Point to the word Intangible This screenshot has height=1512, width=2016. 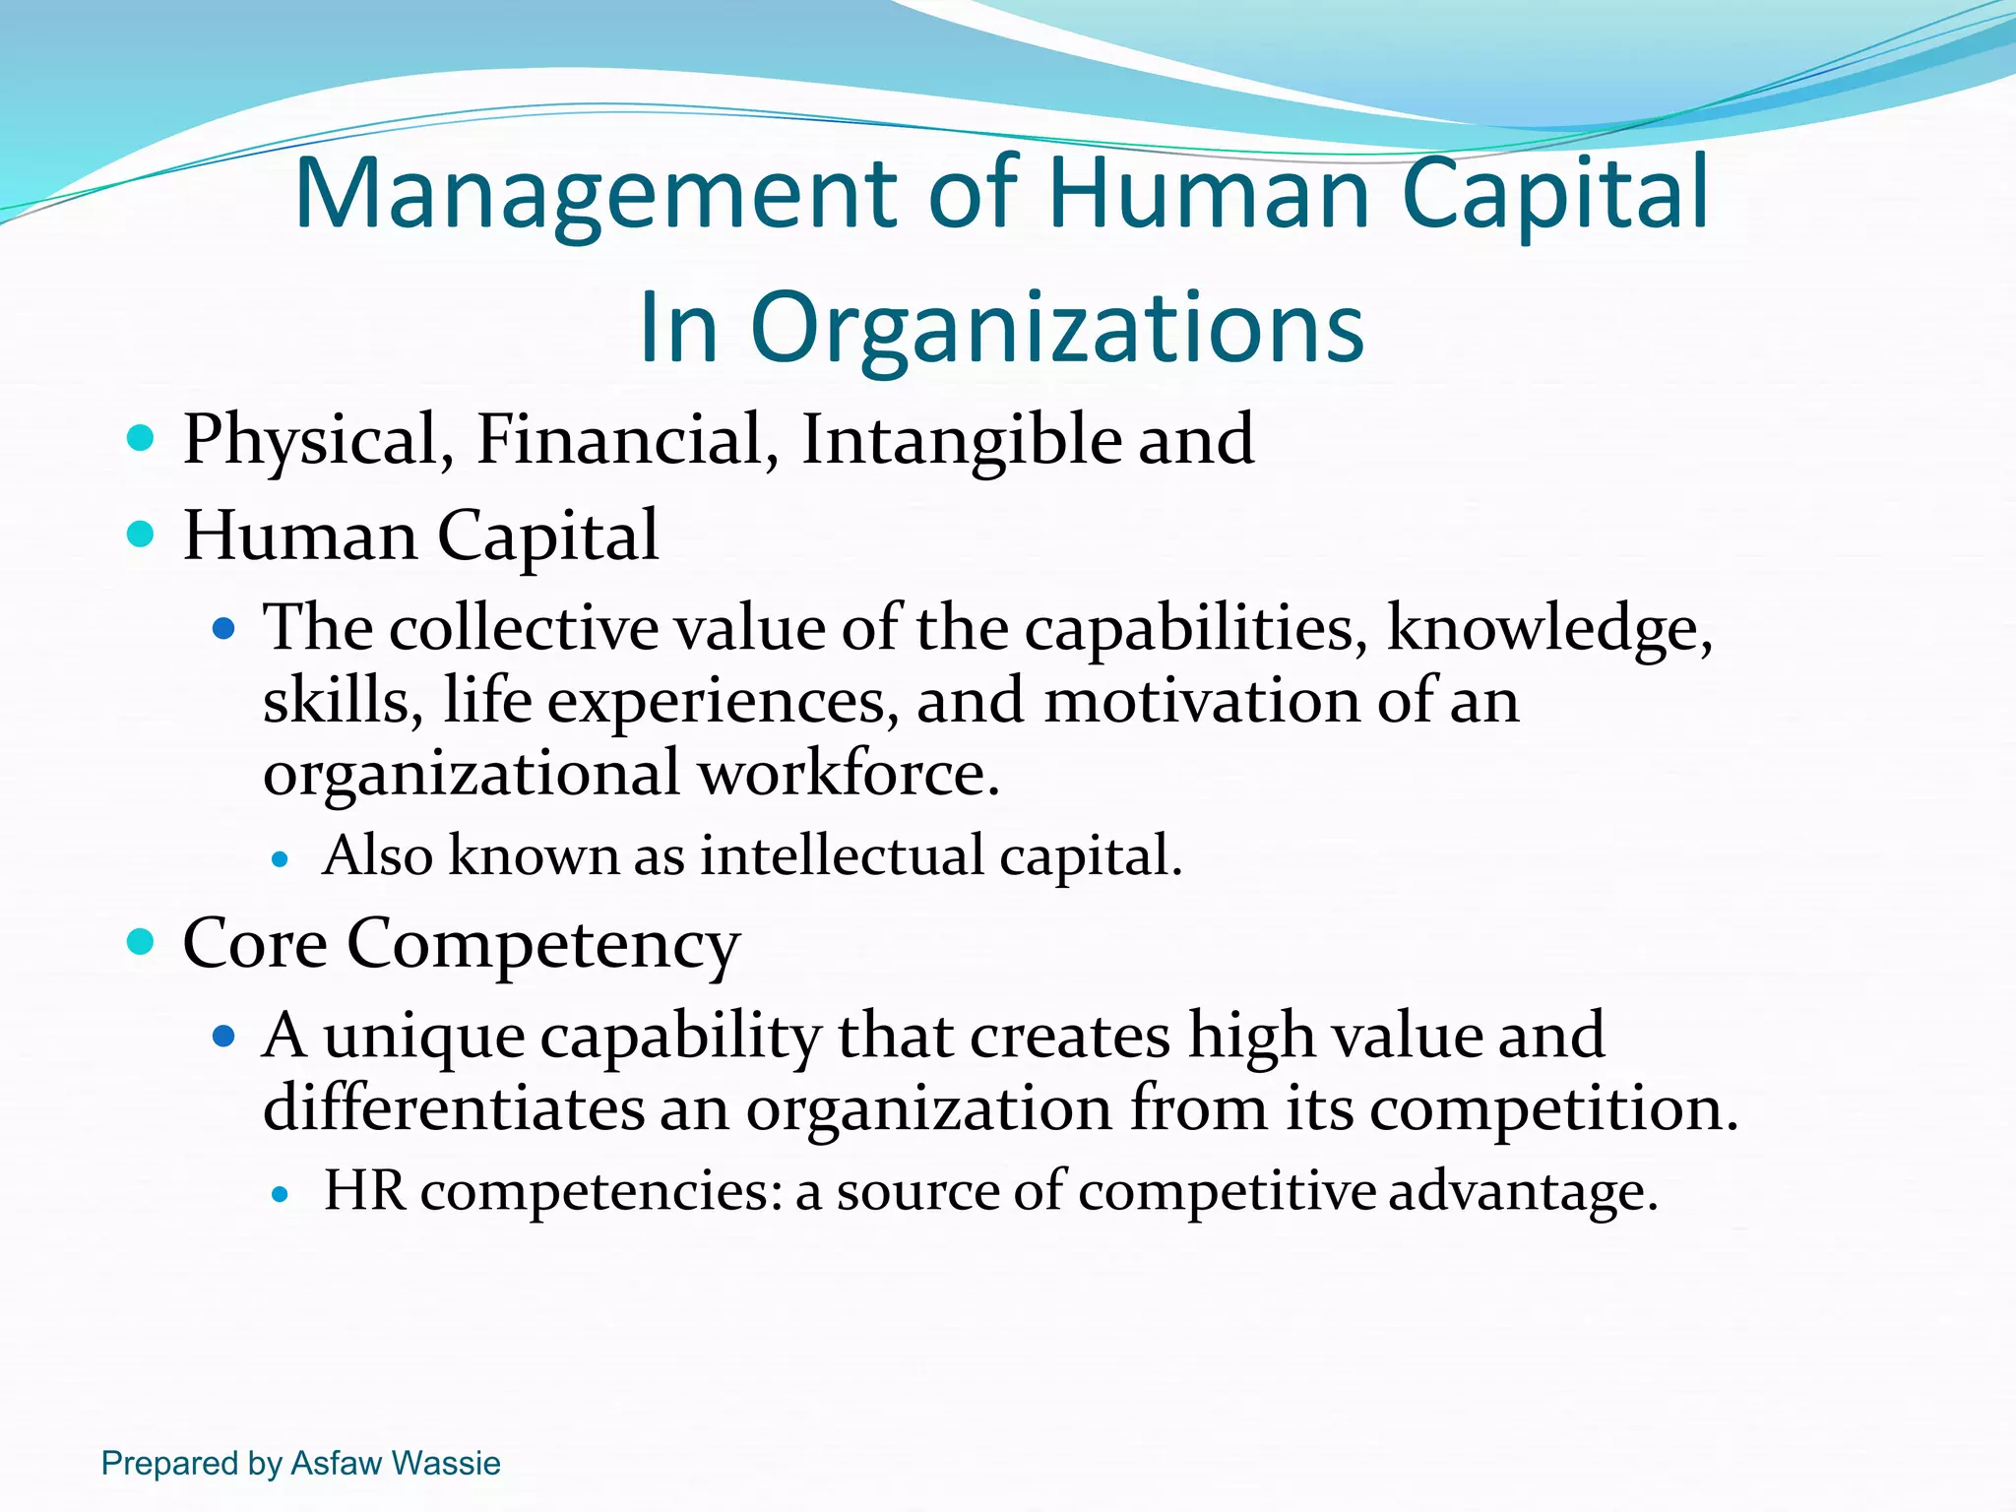(x=961, y=440)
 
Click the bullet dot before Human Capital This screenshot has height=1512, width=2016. (x=142, y=535)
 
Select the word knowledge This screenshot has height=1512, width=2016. (x=1548, y=630)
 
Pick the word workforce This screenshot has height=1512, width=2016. (x=849, y=774)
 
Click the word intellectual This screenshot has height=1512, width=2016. (x=842, y=854)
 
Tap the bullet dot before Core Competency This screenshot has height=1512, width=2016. (x=142, y=942)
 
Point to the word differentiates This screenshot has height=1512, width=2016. (x=453, y=1108)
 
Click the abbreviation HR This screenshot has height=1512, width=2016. (x=364, y=1190)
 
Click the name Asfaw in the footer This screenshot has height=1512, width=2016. (x=337, y=1463)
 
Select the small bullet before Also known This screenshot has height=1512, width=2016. (x=281, y=859)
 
